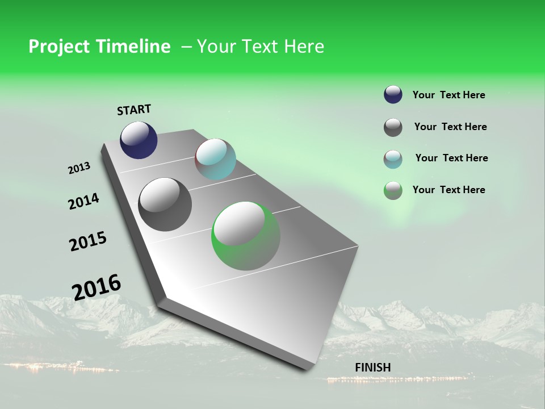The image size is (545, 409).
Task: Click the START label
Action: pos(134,110)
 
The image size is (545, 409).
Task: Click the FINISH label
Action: pos(372,368)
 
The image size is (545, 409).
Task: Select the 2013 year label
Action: pos(79,168)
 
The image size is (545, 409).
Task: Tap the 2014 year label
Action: pos(83,201)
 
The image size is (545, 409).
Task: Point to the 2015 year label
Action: pos(88,241)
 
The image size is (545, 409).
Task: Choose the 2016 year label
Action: pos(97,287)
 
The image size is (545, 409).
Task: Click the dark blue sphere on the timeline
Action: pos(139,140)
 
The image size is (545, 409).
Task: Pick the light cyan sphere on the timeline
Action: pos(215,159)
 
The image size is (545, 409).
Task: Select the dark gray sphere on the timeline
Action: pos(165,204)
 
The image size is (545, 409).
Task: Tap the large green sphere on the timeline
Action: pos(245,236)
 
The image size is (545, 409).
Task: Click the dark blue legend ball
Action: pos(393,95)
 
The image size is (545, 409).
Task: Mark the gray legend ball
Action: pos(393,127)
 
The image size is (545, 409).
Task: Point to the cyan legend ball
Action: pos(393,159)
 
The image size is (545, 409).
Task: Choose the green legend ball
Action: pos(393,190)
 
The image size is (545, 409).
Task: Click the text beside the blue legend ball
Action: pos(448,95)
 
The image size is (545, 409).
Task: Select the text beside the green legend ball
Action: pos(448,190)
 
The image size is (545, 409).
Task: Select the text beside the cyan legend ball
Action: pos(451,158)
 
